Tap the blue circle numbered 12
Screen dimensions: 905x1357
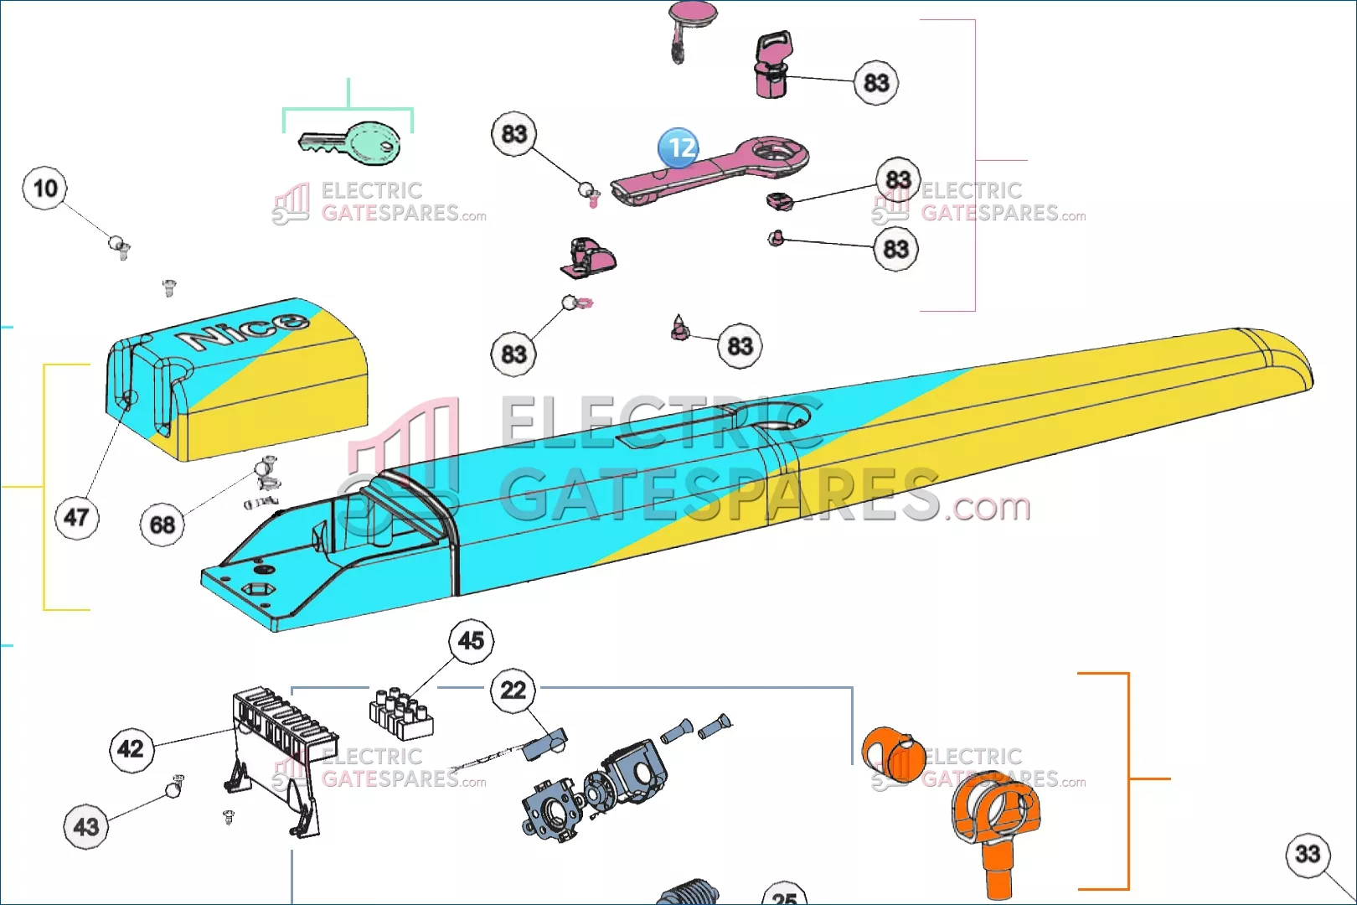(x=678, y=147)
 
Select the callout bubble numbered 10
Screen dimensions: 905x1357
(x=45, y=188)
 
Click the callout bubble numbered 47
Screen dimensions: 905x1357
(x=76, y=517)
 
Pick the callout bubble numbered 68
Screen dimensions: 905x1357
(x=162, y=525)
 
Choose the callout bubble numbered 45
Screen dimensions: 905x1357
(x=471, y=641)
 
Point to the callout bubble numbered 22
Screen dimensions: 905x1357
(x=513, y=690)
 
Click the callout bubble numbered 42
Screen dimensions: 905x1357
(x=131, y=748)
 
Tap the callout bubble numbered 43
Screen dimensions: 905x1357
(x=85, y=827)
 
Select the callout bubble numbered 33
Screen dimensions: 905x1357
(x=1308, y=854)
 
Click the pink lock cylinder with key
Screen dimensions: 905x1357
(x=773, y=67)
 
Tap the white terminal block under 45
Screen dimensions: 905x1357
(x=400, y=713)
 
